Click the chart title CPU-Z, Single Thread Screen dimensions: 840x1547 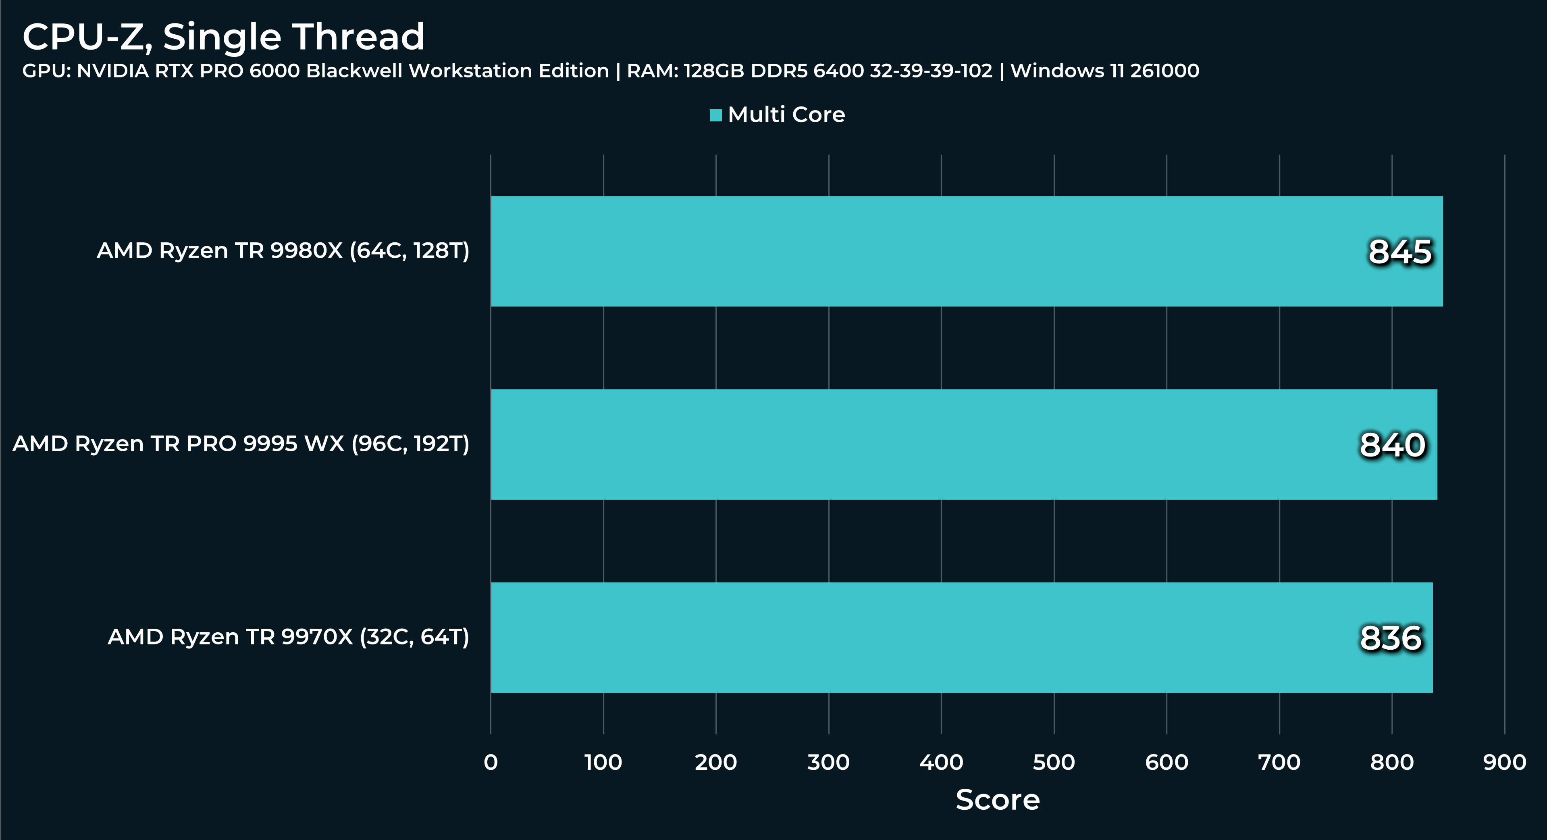click(x=223, y=37)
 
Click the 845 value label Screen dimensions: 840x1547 click(x=1399, y=252)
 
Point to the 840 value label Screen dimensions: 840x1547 click(x=1392, y=445)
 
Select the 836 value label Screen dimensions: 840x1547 click(x=1390, y=638)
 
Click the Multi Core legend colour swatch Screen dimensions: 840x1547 click(x=715, y=115)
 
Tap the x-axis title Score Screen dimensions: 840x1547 click(x=998, y=800)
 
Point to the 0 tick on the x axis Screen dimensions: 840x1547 click(x=491, y=763)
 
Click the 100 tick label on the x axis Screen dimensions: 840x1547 click(x=603, y=763)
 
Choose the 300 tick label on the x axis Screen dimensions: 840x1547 click(x=828, y=763)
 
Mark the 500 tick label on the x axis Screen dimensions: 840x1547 click(x=1053, y=763)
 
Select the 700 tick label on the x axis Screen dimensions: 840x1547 click(x=1279, y=763)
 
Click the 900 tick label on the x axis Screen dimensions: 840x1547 click(x=1504, y=763)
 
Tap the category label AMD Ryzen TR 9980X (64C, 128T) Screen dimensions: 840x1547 click(x=283, y=250)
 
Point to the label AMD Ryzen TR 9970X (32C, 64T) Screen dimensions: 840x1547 click(x=288, y=637)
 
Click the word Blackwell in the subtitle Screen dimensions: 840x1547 click(x=354, y=71)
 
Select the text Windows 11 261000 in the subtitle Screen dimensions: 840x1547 click(x=1104, y=71)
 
